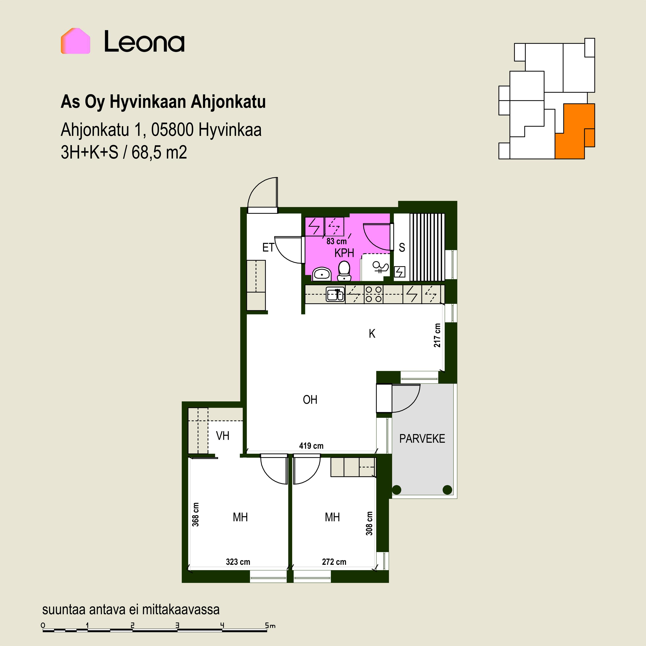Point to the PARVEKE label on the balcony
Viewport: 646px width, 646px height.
coord(422,439)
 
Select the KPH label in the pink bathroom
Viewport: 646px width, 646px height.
coord(344,253)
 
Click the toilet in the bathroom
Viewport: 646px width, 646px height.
coord(344,270)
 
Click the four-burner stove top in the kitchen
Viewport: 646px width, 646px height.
coord(373,294)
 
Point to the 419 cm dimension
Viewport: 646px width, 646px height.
coord(311,446)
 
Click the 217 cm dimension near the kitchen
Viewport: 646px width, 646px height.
coord(437,335)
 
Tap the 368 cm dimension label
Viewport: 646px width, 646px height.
coord(196,515)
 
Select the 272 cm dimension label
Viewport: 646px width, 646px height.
coord(334,562)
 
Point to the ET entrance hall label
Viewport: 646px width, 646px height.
coord(268,247)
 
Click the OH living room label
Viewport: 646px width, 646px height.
coord(310,400)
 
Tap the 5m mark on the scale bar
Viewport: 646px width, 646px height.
coord(270,625)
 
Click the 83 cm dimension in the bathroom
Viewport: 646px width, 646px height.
coord(336,241)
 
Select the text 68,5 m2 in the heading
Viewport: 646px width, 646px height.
coord(159,152)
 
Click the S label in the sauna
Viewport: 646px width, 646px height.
coord(402,247)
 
